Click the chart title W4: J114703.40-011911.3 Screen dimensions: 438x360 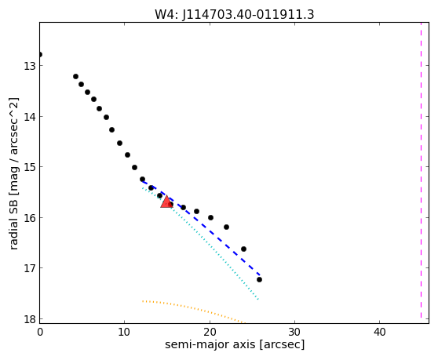(235, 14)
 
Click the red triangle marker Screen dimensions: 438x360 (166, 202)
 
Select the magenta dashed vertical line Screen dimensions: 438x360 (421, 170)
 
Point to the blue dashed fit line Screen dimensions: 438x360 (201, 227)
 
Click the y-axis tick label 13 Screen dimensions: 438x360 (30, 66)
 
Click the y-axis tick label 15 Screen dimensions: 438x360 (30, 167)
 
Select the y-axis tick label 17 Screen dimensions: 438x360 (30, 268)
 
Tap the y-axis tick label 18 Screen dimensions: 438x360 (30, 318)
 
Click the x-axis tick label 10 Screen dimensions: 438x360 (124, 332)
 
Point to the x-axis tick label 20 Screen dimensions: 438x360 (210, 332)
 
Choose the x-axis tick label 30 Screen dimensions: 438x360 (294, 332)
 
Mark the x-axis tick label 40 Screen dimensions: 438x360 (379, 332)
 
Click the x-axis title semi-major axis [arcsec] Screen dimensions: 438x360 (235, 344)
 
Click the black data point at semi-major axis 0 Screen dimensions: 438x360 (40, 54)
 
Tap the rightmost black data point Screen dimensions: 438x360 (259, 279)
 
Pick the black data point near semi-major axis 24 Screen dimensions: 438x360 (243, 249)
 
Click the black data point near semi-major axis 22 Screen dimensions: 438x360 (226, 227)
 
